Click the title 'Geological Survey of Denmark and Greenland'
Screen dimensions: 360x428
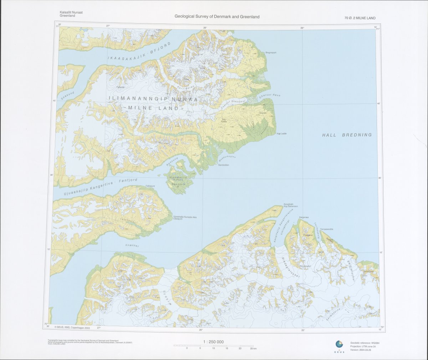point(217,16)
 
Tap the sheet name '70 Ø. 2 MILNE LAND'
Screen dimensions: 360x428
point(360,18)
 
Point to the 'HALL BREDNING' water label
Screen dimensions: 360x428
point(347,135)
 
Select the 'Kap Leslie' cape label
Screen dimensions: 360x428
point(281,134)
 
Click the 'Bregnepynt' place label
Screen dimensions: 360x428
point(271,52)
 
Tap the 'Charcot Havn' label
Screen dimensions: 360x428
point(267,95)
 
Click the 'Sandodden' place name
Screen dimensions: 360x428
point(224,165)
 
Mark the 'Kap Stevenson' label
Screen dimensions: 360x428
point(291,206)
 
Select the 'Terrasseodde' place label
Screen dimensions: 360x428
point(327,229)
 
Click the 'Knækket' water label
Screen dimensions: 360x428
point(132,246)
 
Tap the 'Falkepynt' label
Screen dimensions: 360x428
point(151,186)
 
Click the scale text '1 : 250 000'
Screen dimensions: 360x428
point(213,342)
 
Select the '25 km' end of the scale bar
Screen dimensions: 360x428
point(253,348)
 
